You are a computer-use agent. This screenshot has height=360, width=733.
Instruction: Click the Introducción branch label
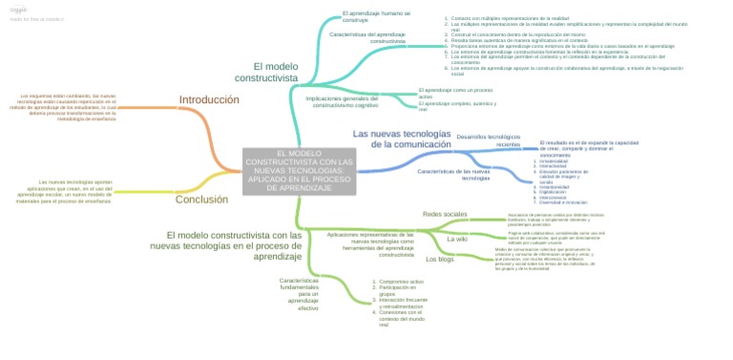point(208,99)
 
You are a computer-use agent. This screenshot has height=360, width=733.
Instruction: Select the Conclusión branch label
point(201,200)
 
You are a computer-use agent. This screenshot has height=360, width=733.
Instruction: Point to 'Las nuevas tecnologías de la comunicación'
point(401,138)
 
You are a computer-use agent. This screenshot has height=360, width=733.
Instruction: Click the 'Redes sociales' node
point(445,214)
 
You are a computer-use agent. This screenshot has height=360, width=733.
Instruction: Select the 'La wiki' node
point(456,239)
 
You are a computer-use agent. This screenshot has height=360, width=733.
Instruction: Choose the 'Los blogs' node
point(439,259)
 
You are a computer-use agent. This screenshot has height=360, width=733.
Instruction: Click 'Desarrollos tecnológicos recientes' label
point(489,140)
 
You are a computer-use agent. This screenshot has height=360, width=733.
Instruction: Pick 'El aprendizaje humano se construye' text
point(376,16)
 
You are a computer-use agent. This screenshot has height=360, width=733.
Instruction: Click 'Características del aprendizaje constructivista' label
point(367,37)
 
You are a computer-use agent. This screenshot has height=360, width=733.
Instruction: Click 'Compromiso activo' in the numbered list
point(401,282)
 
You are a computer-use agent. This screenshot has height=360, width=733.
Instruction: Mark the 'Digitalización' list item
point(558,192)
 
